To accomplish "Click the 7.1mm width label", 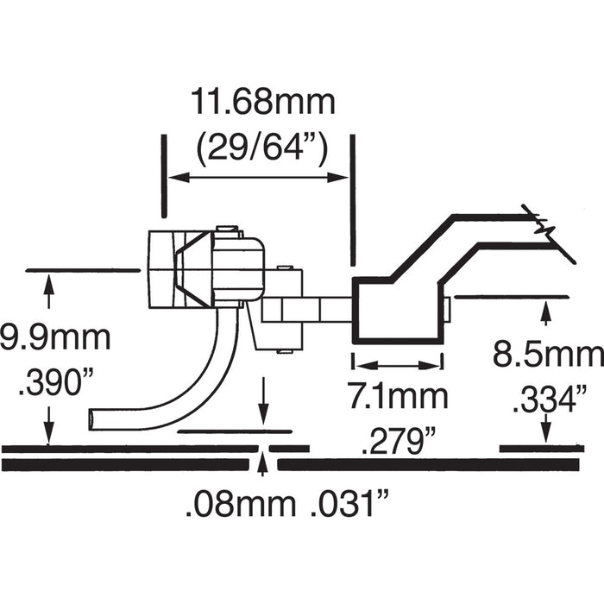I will [x=398, y=398].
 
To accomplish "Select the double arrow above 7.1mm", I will [x=398, y=365].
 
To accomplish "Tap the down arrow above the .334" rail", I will [x=545, y=429].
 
